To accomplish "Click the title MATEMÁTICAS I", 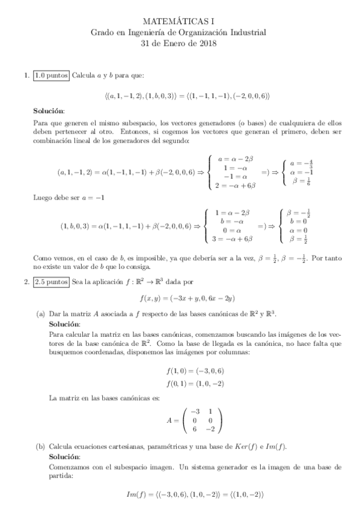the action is coord(180,21).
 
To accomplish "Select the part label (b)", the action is coord(40,447).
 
